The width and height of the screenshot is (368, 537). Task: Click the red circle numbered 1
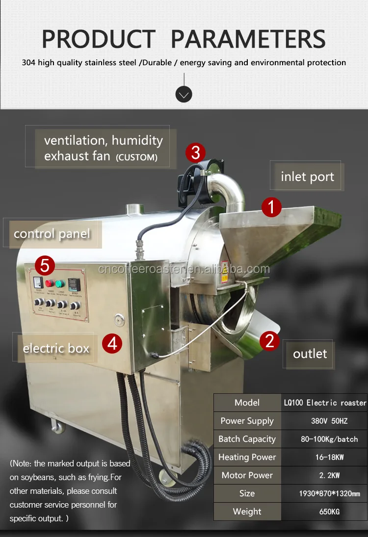[x=271, y=207]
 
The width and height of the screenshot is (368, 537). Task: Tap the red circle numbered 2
[x=269, y=340]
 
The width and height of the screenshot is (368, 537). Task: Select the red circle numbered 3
[x=195, y=153]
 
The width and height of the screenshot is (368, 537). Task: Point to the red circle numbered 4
[x=112, y=343]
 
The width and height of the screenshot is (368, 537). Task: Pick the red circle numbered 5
[x=45, y=265]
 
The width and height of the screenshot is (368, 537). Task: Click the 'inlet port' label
[x=307, y=177]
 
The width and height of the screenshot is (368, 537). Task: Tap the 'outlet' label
[x=310, y=354]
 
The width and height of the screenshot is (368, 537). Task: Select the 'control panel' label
[x=52, y=233]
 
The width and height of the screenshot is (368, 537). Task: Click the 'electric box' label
[x=56, y=349]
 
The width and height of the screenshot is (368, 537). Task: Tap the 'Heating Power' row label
[x=247, y=457]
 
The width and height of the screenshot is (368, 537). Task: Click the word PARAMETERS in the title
[x=248, y=39]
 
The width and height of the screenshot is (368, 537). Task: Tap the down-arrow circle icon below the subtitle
[x=184, y=94]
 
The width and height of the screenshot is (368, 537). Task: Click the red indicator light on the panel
[x=49, y=283]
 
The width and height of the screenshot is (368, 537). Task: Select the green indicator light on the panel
[x=59, y=283]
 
